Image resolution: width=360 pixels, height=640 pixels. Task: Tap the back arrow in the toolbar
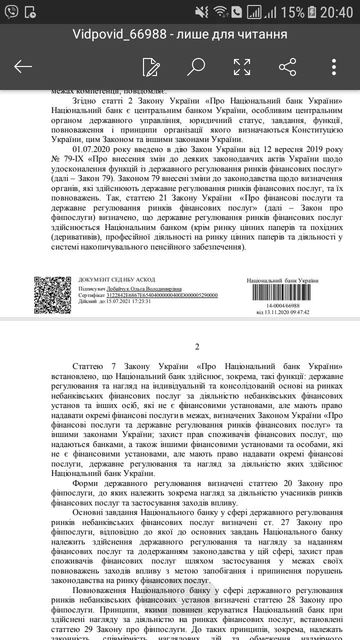[x=23, y=66]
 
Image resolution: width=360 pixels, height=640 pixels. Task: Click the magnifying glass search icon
[x=196, y=66]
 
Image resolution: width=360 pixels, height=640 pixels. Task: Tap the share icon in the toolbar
[x=287, y=66]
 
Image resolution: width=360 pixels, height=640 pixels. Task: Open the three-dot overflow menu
[x=334, y=66]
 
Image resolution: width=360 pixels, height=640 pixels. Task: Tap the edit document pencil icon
[x=150, y=66]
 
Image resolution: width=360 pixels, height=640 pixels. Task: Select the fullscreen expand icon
[x=242, y=66]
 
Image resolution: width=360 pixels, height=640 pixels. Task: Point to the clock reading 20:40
[x=336, y=11]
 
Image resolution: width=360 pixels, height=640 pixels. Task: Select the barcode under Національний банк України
[x=283, y=293]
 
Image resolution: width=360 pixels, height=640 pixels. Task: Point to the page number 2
[x=197, y=347]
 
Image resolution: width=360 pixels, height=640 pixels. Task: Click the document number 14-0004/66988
[x=283, y=305]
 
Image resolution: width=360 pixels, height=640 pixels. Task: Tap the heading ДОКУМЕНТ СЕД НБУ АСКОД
[x=116, y=280]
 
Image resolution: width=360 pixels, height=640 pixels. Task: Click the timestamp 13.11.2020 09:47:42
[x=283, y=312]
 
